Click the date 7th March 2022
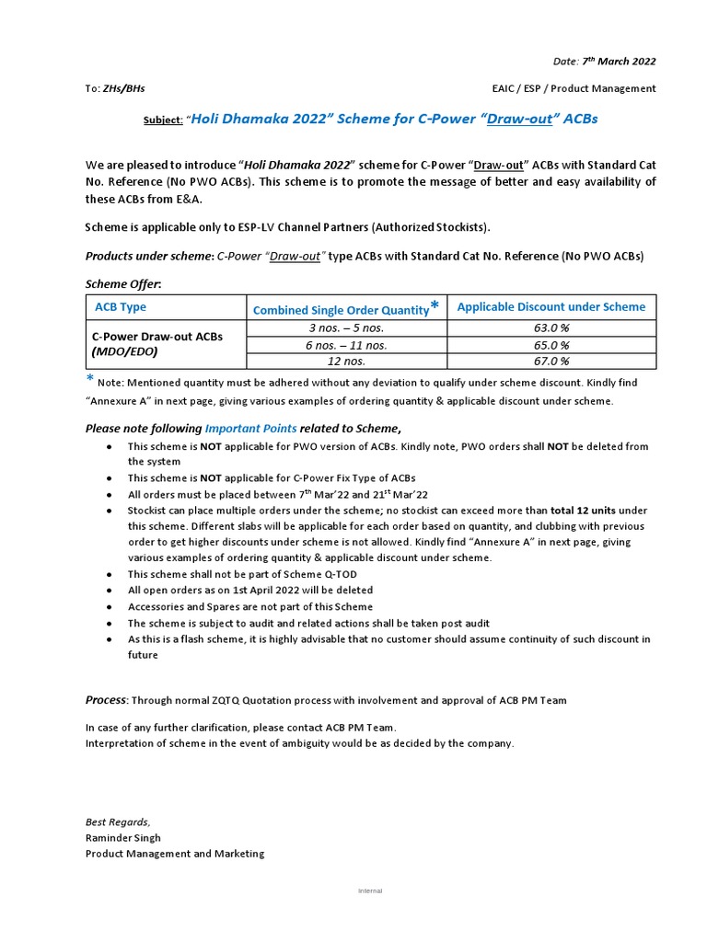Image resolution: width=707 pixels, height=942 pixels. point(619,62)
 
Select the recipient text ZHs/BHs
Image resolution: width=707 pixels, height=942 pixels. point(124,88)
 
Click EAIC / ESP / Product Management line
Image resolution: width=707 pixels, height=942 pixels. point(574,88)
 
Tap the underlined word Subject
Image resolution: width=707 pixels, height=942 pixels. point(162,121)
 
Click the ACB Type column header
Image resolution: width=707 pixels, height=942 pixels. point(121,307)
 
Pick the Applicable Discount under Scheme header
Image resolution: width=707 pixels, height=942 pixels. point(551,307)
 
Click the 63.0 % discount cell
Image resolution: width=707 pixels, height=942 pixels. point(551,328)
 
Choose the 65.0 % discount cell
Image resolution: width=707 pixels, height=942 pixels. point(551,345)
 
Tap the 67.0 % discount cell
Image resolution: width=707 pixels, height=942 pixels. point(551,362)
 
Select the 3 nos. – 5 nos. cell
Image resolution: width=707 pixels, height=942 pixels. point(347,328)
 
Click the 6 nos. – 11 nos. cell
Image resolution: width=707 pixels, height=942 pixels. point(347,345)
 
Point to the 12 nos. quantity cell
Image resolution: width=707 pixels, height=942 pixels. point(347,362)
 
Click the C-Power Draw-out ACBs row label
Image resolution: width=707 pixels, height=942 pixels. point(156,337)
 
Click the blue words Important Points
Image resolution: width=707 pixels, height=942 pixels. point(250,428)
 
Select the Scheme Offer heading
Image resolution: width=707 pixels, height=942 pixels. point(122,284)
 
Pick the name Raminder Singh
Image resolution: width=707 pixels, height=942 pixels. point(123,838)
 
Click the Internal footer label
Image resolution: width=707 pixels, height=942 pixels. point(370,891)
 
